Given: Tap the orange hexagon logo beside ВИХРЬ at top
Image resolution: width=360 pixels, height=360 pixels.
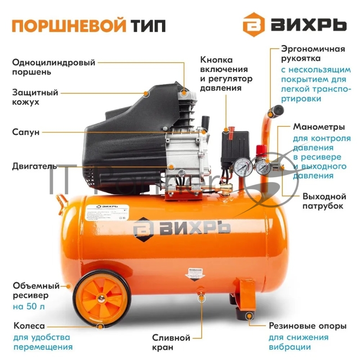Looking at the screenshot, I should [x=253, y=26].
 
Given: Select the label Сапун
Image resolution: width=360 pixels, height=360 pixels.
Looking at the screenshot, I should [x=26, y=132].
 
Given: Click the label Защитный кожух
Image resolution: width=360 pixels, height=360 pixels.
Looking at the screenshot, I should [x=36, y=97].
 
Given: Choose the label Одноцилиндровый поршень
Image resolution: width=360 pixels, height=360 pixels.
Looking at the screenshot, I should [x=54, y=67].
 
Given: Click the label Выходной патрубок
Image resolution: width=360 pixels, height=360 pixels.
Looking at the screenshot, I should [x=324, y=201].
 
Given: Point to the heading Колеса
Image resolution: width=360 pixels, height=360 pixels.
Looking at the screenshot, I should [x=29, y=326].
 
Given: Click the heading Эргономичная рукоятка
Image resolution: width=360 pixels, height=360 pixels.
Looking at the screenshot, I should [x=313, y=54].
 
